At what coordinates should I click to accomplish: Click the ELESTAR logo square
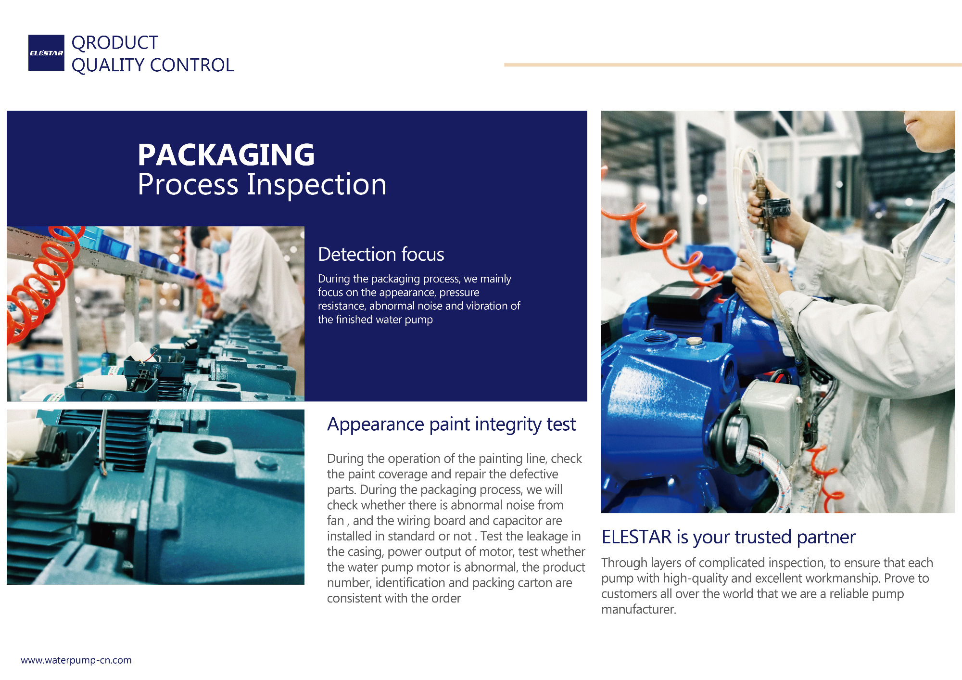[46, 53]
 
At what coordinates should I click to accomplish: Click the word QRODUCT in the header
[115, 43]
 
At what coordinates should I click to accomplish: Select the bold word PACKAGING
[226, 155]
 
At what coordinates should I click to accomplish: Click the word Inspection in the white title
[316, 185]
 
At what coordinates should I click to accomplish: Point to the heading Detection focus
[381, 254]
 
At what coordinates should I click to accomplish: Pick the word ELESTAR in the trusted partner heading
[636, 537]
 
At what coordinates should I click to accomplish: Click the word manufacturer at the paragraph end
[638, 609]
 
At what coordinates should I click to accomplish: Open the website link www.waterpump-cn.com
[76, 660]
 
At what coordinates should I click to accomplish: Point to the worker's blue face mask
[220, 246]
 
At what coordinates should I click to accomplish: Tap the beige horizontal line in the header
[733, 65]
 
